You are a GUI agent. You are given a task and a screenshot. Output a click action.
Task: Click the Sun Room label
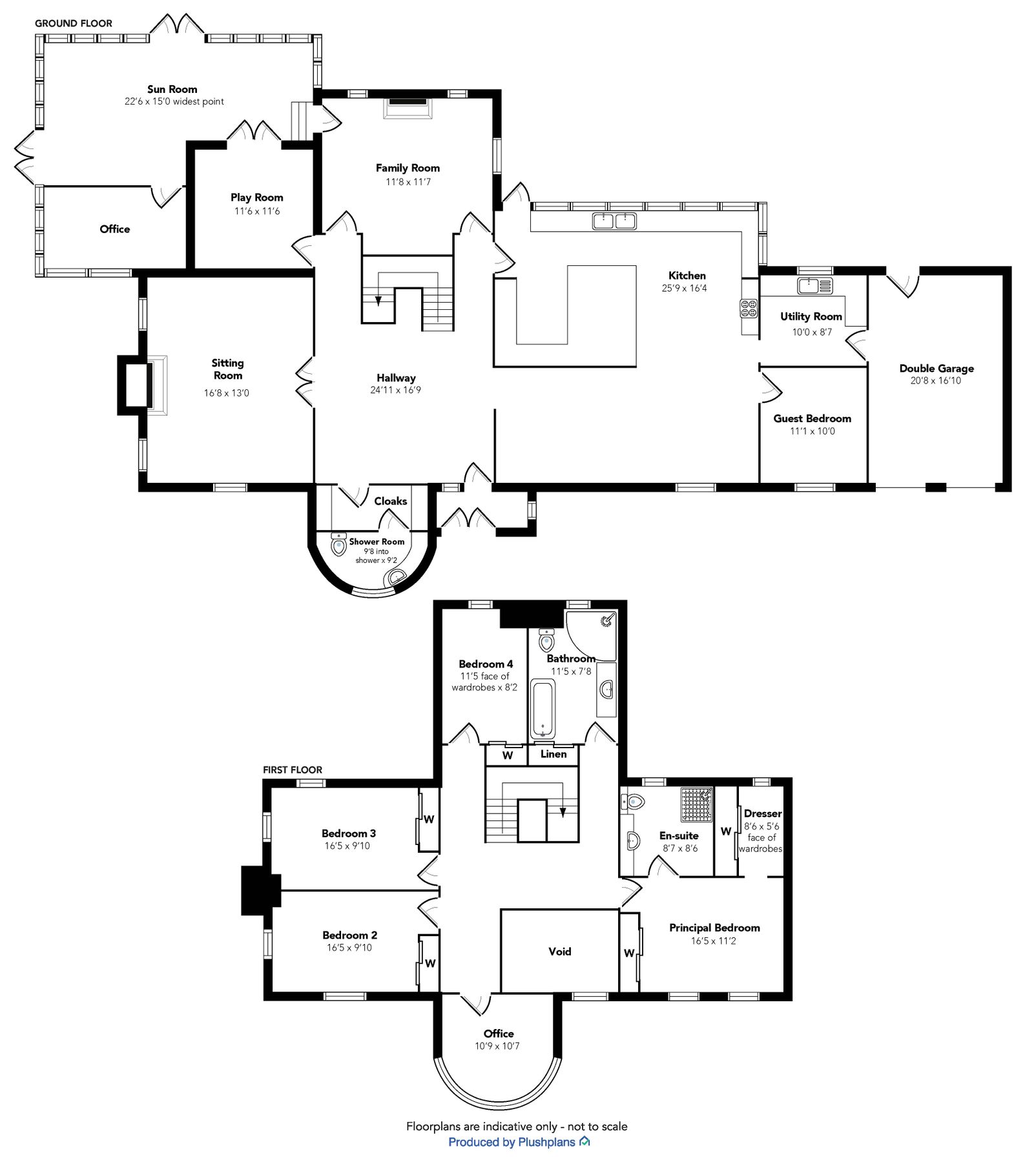172,89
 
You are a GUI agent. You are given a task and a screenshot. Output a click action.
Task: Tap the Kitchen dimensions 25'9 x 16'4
684,289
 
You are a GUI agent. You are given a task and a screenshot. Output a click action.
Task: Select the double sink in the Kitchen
614,221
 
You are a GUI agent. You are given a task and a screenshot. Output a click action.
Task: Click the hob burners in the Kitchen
749,309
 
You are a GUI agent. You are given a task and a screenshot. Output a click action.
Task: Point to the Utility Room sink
814,285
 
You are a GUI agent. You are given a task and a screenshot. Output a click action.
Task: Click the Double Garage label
936,369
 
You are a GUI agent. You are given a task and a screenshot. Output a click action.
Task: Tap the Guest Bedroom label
812,418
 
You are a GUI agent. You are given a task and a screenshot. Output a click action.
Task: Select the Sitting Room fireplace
141,385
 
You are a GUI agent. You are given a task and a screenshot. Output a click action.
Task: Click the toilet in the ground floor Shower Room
338,546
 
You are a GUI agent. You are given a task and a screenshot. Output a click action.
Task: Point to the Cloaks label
390,501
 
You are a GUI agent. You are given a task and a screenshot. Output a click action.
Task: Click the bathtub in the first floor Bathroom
543,708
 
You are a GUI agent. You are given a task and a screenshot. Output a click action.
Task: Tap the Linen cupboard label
553,754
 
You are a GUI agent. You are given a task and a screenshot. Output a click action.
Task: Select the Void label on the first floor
559,952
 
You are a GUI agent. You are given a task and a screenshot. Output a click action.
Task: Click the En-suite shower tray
696,804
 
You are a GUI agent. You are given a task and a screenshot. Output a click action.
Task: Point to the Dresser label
762,813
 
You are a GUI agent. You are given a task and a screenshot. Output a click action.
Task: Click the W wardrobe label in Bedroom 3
429,820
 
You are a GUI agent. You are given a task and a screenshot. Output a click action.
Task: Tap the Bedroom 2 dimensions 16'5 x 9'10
349,948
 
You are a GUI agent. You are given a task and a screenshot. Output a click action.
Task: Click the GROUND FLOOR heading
74,23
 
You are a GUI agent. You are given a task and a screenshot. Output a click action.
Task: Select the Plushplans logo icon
585,1141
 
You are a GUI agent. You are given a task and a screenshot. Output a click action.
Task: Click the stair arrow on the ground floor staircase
378,300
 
